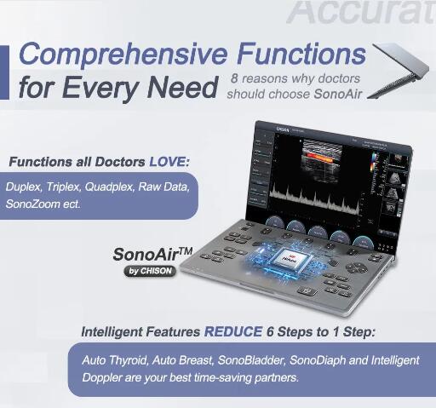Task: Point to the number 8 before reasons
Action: (233, 78)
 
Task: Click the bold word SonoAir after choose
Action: (344, 93)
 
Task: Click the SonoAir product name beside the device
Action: (145, 254)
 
